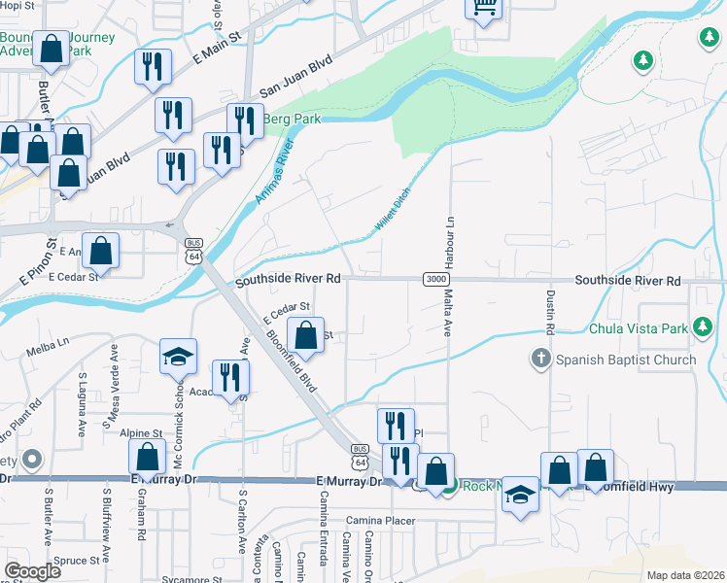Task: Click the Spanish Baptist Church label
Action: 627,360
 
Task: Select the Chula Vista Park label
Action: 642,326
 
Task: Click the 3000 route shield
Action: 436,280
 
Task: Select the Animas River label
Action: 273,171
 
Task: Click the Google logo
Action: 32,571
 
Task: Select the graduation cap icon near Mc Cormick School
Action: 179,358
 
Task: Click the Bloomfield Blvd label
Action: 293,363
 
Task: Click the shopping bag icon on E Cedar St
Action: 306,335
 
